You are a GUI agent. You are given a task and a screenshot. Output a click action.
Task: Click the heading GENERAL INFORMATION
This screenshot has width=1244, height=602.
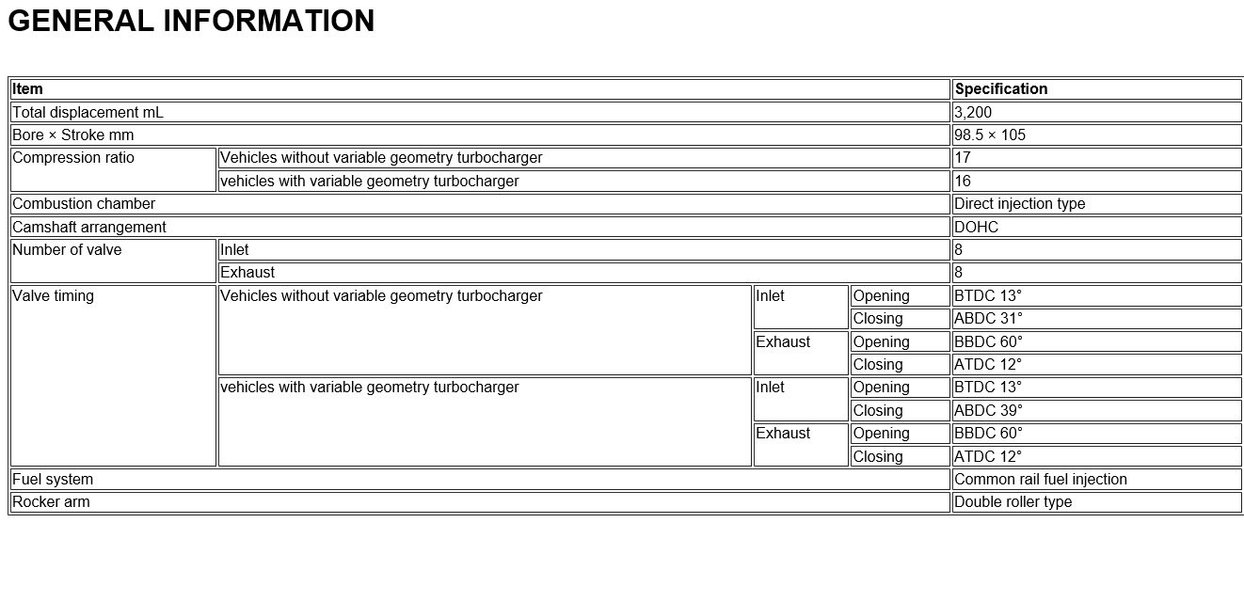pyautogui.click(x=191, y=21)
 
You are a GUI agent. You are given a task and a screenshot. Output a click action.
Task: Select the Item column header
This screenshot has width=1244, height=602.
pyautogui.click(x=28, y=89)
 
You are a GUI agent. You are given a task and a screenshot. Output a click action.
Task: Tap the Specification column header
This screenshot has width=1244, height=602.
pyautogui.click(x=1000, y=89)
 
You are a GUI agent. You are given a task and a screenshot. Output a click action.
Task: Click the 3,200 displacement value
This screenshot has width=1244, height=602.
pyautogui.click(x=973, y=112)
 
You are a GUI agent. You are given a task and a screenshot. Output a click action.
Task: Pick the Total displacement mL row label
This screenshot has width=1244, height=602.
pyautogui.click(x=88, y=112)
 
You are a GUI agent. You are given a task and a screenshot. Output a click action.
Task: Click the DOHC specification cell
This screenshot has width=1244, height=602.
pyautogui.click(x=976, y=227)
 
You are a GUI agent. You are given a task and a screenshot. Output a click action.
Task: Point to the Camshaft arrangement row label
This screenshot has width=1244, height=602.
pyautogui.click(x=89, y=227)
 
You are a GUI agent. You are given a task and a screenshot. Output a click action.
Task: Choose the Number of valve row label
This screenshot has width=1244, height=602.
pyautogui.click(x=67, y=250)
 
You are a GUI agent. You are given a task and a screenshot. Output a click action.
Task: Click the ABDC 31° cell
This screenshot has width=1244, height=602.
pyautogui.click(x=988, y=318)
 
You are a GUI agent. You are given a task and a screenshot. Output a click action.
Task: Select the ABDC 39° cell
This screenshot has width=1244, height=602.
pyautogui.click(x=988, y=410)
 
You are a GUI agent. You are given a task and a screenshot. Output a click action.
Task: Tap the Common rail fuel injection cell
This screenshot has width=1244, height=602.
pyautogui.click(x=1040, y=479)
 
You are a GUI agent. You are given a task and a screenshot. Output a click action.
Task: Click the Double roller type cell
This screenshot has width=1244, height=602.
pyautogui.click(x=1013, y=501)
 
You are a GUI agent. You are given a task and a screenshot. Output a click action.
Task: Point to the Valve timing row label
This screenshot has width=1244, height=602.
pyautogui.click(x=54, y=296)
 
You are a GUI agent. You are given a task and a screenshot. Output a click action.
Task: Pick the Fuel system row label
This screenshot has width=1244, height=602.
pyautogui.click(x=53, y=479)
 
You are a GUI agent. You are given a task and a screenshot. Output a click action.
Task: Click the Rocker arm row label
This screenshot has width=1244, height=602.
pyautogui.click(x=51, y=501)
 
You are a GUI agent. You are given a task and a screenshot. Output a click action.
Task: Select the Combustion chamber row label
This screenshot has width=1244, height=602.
pyautogui.click(x=84, y=203)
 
